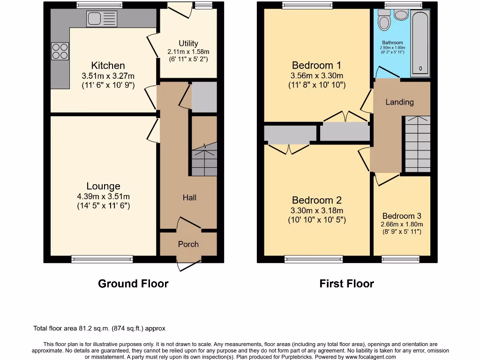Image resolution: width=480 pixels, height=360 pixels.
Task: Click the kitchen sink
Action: pos(101,19)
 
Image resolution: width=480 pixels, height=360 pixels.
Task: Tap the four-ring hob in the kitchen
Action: pos(60,51)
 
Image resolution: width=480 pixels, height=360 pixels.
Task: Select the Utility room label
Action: pos(188,43)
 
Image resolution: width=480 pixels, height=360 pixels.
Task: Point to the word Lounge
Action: pos(103,186)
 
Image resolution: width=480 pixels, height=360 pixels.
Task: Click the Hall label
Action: pos(189,198)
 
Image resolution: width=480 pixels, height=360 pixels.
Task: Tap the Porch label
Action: pos(188,244)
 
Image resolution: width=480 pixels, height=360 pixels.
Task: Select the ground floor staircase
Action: pos(204,159)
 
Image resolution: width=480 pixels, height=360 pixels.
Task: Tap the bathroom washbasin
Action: pos(401,15)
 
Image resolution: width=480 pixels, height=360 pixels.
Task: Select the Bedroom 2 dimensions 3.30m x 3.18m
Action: pos(317,210)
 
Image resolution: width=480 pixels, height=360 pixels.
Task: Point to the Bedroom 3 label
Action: pos(402,216)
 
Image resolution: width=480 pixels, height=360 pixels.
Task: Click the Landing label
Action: pos(399,102)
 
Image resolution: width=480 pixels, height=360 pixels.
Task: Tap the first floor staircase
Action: pos(417,144)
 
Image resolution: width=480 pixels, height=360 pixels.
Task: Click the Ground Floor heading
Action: pos(133,284)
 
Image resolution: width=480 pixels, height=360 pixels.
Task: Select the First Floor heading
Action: pos(347,284)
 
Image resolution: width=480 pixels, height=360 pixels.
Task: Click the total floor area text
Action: pos(99,329)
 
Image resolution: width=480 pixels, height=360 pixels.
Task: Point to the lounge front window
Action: pos(102,259)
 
